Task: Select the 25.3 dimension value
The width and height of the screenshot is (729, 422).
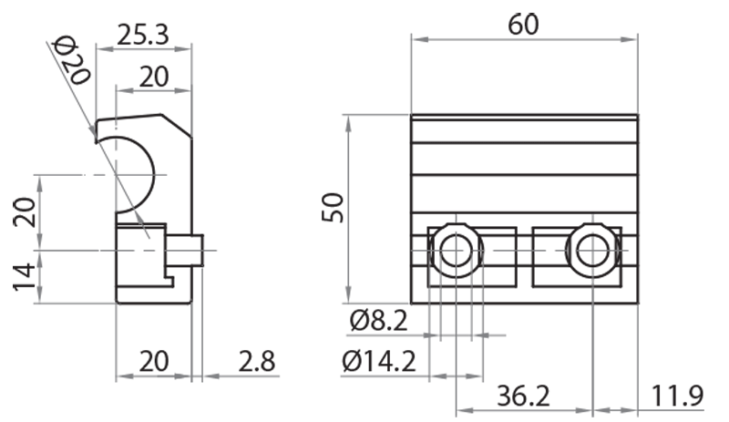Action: [x=143, y=36]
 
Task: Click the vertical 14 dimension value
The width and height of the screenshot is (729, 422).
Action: [x=28, y=276]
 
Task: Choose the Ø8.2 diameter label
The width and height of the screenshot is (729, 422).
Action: [x=377, y=321]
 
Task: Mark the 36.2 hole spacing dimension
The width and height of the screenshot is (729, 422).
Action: [x=524, y=397]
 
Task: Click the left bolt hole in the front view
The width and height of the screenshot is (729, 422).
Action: [x=455, y=247]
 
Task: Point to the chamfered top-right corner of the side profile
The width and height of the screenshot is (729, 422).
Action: [x=178, y=124]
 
